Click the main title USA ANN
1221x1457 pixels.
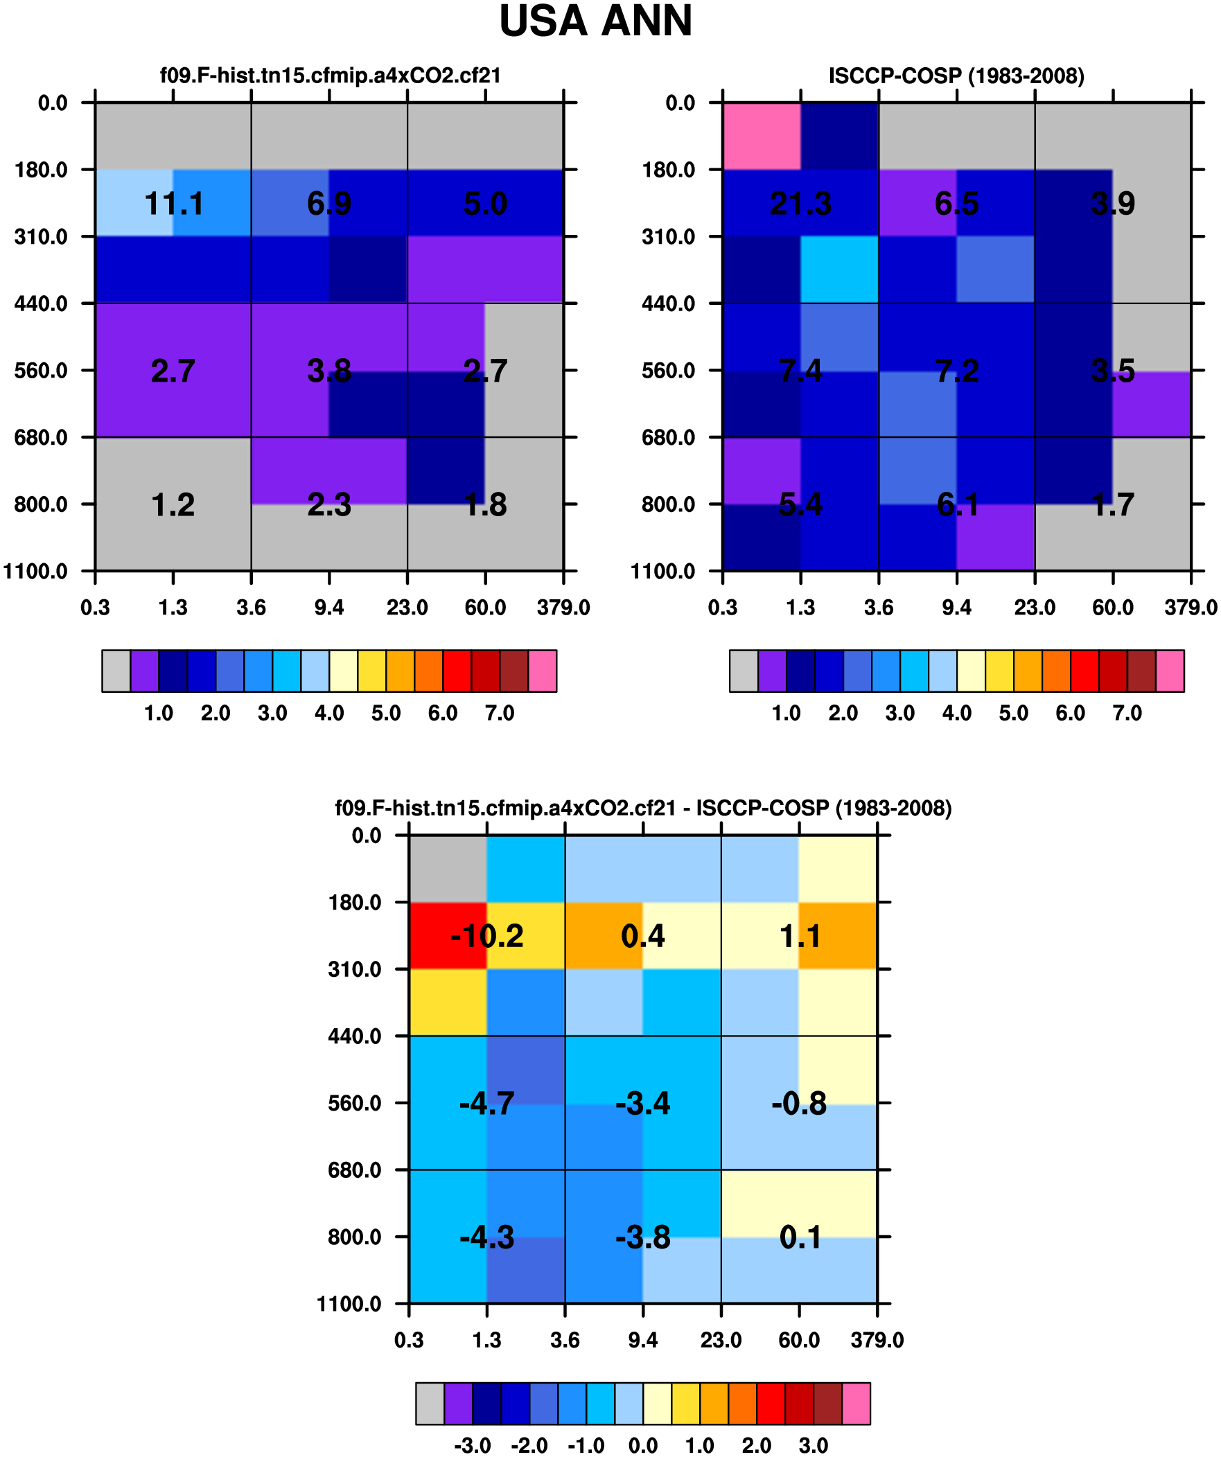[x=595, y=21]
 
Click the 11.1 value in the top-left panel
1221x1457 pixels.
[x=173, y=204]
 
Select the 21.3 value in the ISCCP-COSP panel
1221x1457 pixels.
[x=800, y=204]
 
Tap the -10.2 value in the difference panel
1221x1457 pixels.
[x=486, y=937]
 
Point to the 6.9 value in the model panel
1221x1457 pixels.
[x=329, y=204]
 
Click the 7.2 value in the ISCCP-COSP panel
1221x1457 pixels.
[x=956, y=371]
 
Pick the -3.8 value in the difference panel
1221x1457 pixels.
[x=643, y=1238]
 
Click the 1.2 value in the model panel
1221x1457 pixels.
[x=173, y=505]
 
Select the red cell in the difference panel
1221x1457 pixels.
[x=448, y=935]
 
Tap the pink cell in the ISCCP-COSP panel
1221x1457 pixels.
[x=762, y=136]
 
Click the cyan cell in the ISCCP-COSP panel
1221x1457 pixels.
[x=839, y=270]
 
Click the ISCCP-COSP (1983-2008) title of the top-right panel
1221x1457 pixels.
[x=956, y=76]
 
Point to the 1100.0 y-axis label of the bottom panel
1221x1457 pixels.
[x=349, y=1305]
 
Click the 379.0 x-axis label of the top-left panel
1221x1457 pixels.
[x=563, y=608]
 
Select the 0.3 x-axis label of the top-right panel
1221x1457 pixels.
[x=723, y=608]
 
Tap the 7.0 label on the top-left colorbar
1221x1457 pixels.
[x=500, y=713]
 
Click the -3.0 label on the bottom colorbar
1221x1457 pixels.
[x=473, y=1446]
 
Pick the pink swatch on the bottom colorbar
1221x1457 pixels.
[x=856, y=1404]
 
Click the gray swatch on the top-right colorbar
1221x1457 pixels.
[x=744, y=671]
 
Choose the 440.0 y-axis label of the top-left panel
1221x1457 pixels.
[x=41, y=304]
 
